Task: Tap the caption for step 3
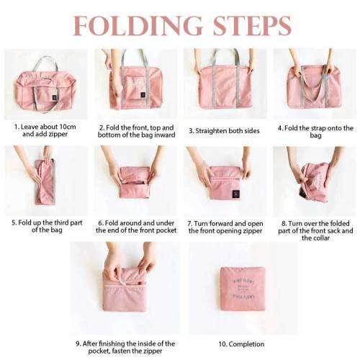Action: (225, 131)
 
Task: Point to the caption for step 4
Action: (315, 131)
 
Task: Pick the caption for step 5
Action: (45, 226)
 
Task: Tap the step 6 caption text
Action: (135, 227)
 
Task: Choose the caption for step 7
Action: (225, 227)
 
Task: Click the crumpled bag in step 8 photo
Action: (314, 181)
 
